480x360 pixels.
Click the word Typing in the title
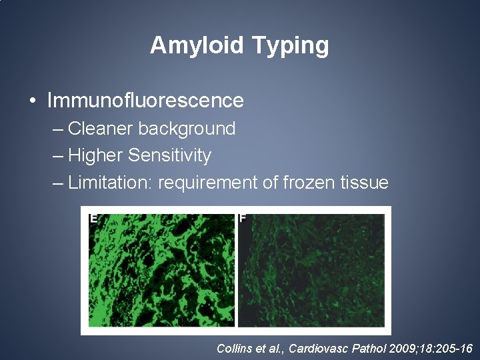[x=291, y=46]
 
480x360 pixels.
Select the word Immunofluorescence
[x=145, y=101]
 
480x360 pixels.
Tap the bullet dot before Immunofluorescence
[x=33, y=101]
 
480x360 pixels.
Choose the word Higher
[x=96, y=155]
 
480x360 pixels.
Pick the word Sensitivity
[x=169, y=155]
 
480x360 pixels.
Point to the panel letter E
[x=94, y=218]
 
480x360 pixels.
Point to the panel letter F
[x=243, y=218]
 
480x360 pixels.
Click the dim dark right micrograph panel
[x=312, y=273]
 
